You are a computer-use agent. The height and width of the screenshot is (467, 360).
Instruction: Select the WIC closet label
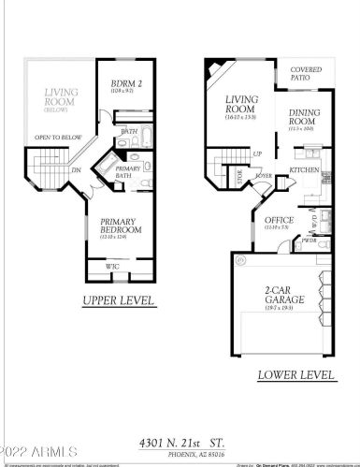pyautogui.click(x=113, y=267)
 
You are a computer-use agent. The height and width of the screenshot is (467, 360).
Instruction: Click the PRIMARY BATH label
pyautogui.click(x=128, y=172)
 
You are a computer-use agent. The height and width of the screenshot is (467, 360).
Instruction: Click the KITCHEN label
pyautogui.click(x=304, y=170)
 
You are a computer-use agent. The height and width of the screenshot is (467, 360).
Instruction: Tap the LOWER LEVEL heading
pyautogui.click(x=295, y=374)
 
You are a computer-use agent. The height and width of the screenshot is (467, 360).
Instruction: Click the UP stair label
pyautogui.click(x=258, y=153)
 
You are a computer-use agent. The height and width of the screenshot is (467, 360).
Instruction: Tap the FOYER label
pyautogui.click(x=265, y=175)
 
